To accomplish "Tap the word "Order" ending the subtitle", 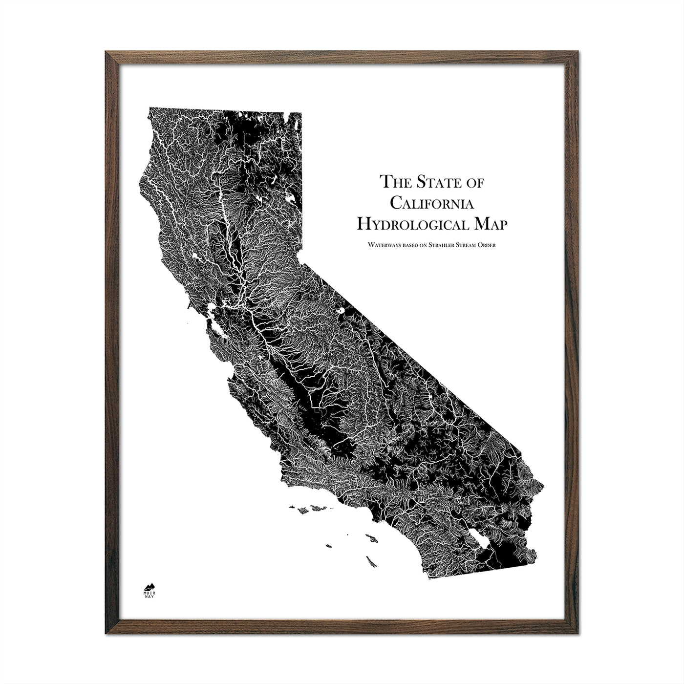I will pos(486,245).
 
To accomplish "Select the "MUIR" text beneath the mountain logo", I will pos(149,593).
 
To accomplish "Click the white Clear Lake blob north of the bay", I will pos(197,256).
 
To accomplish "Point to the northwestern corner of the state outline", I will pos(150,107).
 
